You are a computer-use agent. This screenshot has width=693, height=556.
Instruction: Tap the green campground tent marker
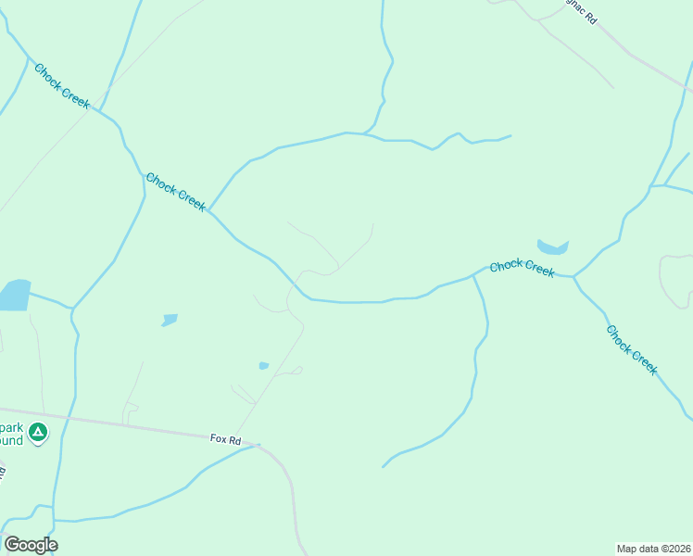37,432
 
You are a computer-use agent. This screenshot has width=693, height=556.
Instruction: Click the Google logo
30,545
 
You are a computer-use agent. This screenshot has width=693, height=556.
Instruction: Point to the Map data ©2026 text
653,549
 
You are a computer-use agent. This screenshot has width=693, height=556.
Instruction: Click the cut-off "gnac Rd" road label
581,11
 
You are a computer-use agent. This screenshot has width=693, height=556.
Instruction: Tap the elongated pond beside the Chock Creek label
552,247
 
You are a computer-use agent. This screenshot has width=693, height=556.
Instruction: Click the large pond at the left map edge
14,295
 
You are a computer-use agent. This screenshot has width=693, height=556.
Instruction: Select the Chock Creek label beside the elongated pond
522,268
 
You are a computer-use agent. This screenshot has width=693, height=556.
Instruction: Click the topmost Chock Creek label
62,85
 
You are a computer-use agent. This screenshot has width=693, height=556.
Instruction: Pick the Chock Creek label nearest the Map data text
632,349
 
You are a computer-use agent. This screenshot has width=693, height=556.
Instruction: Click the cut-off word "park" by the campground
10,427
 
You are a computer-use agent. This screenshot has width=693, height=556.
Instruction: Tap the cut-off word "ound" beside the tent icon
10,441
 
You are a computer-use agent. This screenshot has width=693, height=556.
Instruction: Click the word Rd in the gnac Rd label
589,18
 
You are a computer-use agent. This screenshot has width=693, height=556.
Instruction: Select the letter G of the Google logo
11,545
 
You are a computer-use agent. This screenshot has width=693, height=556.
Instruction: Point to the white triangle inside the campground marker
37,431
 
